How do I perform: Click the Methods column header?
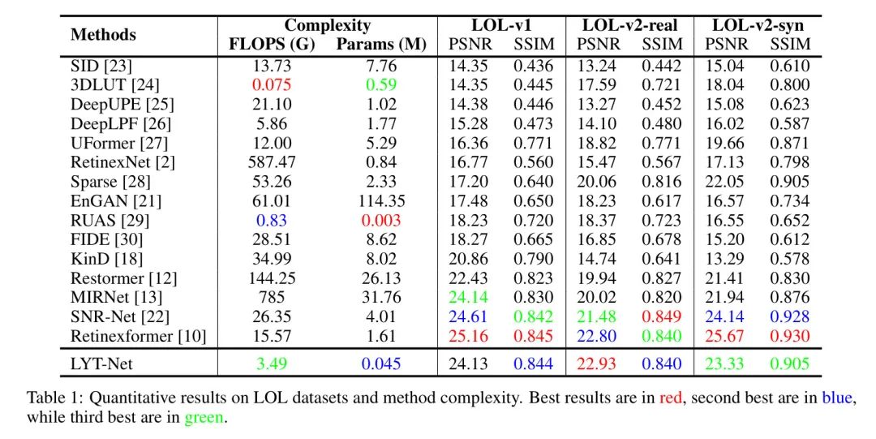103,35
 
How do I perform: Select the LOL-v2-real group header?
629,25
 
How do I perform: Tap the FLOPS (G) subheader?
272,45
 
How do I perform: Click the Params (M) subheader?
380,45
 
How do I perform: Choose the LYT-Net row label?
101,363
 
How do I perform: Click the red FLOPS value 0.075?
272,84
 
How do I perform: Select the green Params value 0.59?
380,84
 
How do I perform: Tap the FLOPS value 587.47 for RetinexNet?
272,161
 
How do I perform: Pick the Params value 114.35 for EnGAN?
380,200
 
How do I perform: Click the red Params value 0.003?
380,220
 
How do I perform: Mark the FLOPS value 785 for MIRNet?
272,298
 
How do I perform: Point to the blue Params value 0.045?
380,363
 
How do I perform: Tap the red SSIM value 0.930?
789,336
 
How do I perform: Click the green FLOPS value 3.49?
272,363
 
